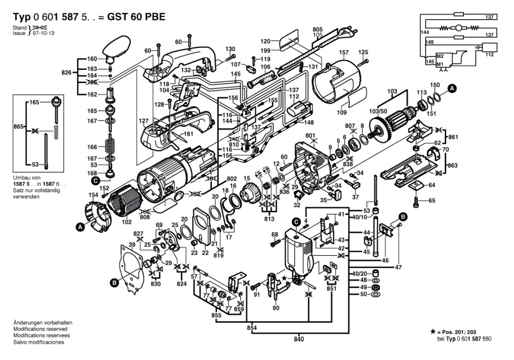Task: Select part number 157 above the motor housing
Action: [344, 53]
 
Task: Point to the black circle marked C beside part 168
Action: [95, 181]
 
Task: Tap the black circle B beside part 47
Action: [403, 216]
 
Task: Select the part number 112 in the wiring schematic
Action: [489, 55]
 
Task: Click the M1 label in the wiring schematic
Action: [440, 64]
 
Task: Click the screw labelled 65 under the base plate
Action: [417, 201]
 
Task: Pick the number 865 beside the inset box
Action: [19, 127]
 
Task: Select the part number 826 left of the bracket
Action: [67, 72]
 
